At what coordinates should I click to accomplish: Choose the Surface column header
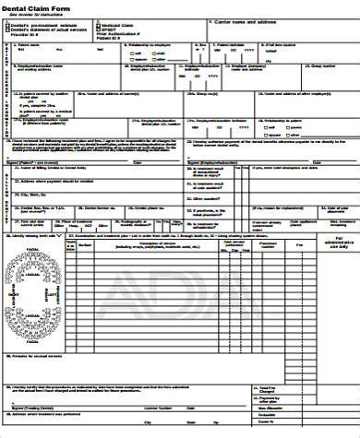tap(85, 244)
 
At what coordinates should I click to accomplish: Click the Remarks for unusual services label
tap(32, 352)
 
